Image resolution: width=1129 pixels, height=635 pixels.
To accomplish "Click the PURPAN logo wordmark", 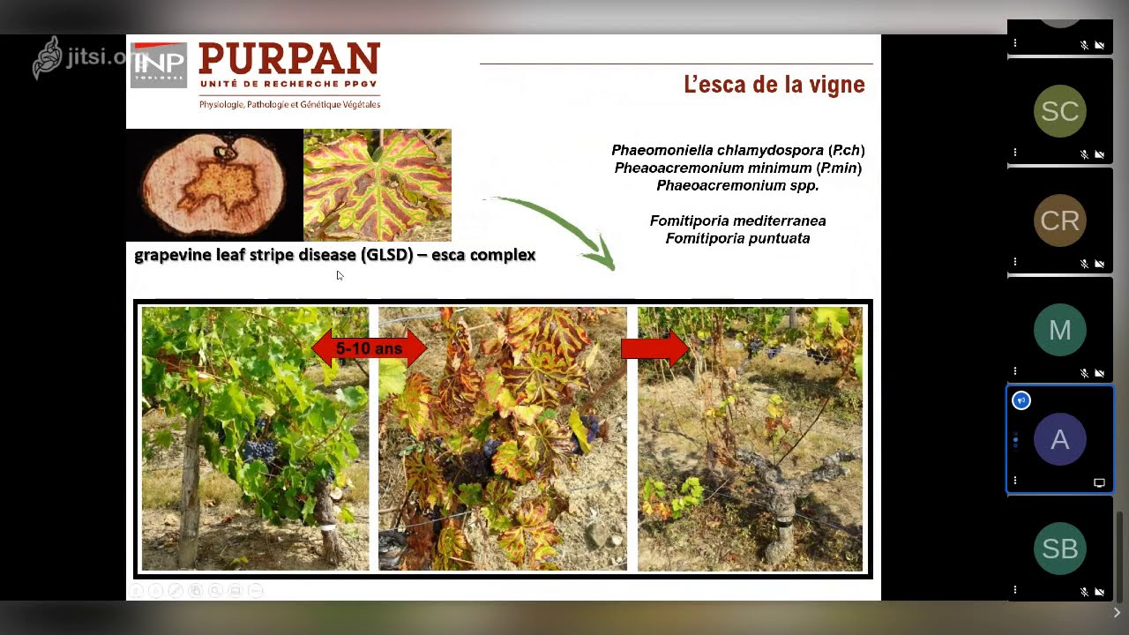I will (x=289, y=60).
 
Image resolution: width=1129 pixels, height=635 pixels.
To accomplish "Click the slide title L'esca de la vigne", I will (x=774, y=85).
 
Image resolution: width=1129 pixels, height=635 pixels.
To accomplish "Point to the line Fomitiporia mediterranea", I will (x=737, y=220).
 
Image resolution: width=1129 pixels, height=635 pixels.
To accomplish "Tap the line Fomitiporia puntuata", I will (x=737, y=238).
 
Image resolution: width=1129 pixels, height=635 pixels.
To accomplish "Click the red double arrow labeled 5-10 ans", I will (x=369, y=348).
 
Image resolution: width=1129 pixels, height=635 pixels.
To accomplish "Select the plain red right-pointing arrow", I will (x=654, y=348).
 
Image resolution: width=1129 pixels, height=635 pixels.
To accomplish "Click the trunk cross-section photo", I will (x=214, y=185).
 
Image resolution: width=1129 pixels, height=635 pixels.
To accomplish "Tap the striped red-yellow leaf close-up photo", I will (x=378, y=185).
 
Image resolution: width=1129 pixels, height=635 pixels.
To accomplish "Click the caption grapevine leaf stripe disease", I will (x=334, y=255).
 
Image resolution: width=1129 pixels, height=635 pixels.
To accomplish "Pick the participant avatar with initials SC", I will (x=1059, y=111).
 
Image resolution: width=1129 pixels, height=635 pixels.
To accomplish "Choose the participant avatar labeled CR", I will (x=1059, y=220).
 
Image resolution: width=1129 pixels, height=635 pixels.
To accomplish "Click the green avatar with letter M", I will (x=1059, y=330).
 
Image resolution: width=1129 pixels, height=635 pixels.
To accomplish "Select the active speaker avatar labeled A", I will (x=1059, y=439).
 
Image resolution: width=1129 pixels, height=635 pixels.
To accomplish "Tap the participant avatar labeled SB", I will (x=1059, y=549).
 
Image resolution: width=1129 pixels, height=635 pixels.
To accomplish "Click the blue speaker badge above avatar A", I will (x=1021, y=400).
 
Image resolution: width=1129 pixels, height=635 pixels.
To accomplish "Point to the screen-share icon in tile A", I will (x=1099, y=482).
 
